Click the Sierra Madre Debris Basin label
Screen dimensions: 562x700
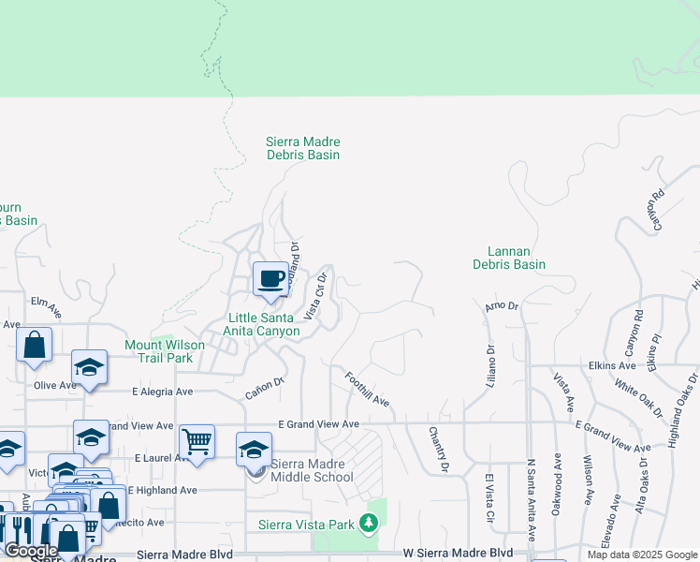click(302, 148)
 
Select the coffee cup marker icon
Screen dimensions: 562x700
click(270, 279)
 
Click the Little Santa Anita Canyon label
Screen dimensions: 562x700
click(262, 324)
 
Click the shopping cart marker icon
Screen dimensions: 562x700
click(197, 441)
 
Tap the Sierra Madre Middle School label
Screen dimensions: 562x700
click(313, 470)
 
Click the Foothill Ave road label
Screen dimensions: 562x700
click(367, 388)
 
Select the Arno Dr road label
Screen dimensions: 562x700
click(501, 306)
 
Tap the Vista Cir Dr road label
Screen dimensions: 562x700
click(314, 296)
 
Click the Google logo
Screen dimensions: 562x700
click(31, 551)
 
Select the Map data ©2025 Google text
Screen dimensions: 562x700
click(642, 555)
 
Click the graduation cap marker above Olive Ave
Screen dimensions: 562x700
click(89, 366)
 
